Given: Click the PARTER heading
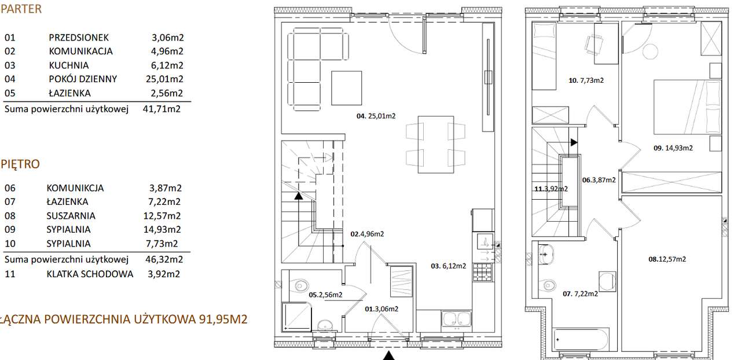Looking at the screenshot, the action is point(21,9).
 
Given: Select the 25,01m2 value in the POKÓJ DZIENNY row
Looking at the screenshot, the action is point(164,79).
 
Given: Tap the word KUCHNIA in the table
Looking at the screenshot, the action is point(69,65).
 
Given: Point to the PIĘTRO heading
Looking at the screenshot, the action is point(20,164).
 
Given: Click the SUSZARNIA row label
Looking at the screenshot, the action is point(71,216).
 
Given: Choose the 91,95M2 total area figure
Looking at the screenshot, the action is point(223,319).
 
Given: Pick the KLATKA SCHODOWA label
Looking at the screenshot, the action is point(90,274).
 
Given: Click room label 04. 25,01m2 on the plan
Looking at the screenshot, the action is point(376,116).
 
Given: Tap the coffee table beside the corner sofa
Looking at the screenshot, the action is point(347,87).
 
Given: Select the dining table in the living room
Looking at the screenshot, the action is point(436,144).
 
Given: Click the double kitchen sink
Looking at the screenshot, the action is point(456,319).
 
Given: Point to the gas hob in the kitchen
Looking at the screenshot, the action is point(482,272).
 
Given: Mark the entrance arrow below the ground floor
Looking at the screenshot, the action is point(389,356).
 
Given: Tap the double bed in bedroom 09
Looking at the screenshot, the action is point(687,107).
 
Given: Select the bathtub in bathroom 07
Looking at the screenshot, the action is point(580,340).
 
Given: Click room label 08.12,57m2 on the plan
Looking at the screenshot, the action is point(667,259).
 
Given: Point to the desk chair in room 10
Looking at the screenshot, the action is point(594,45).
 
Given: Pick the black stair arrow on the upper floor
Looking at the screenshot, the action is point(574,142).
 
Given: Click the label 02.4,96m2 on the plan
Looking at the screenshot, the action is point(367,234).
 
